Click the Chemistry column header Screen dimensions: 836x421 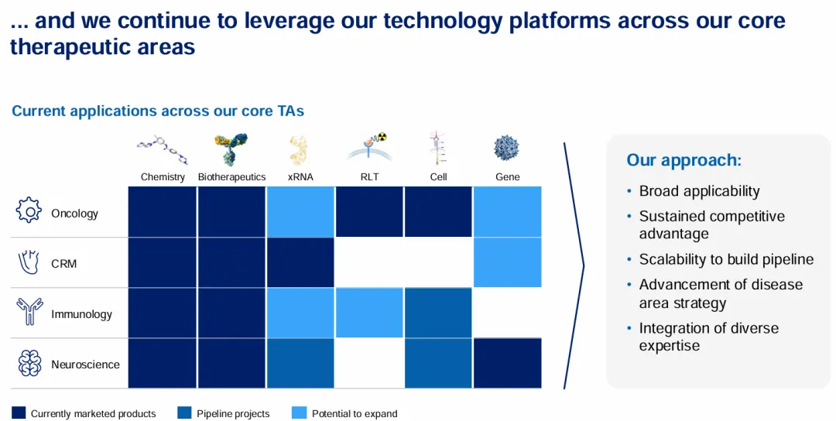point(163,177)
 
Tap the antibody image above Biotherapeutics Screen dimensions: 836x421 point(231,149)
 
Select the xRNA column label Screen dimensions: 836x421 point(300,177)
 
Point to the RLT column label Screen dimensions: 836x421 point(369,177)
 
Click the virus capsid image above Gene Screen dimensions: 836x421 point(506,148)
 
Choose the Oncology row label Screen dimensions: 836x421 point(74,214)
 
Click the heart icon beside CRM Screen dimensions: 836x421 point(29,262)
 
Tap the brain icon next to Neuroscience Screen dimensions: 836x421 point(29,364)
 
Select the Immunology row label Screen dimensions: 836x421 point(81,314)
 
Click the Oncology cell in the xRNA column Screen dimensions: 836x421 point(300,211)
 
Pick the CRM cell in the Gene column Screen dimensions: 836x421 point(508,262)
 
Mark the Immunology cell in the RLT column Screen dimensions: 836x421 point(369,313)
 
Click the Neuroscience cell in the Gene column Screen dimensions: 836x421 point(508,363)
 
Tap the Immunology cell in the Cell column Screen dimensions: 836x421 point(438,313)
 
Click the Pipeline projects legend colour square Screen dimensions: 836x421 point(184,413)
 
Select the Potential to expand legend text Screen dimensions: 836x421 point(355,414)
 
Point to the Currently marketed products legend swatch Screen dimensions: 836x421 point(19,413)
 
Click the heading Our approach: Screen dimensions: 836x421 point(684,160)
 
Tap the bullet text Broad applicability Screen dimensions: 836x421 point(700,191)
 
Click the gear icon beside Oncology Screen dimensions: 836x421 point(29,210)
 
